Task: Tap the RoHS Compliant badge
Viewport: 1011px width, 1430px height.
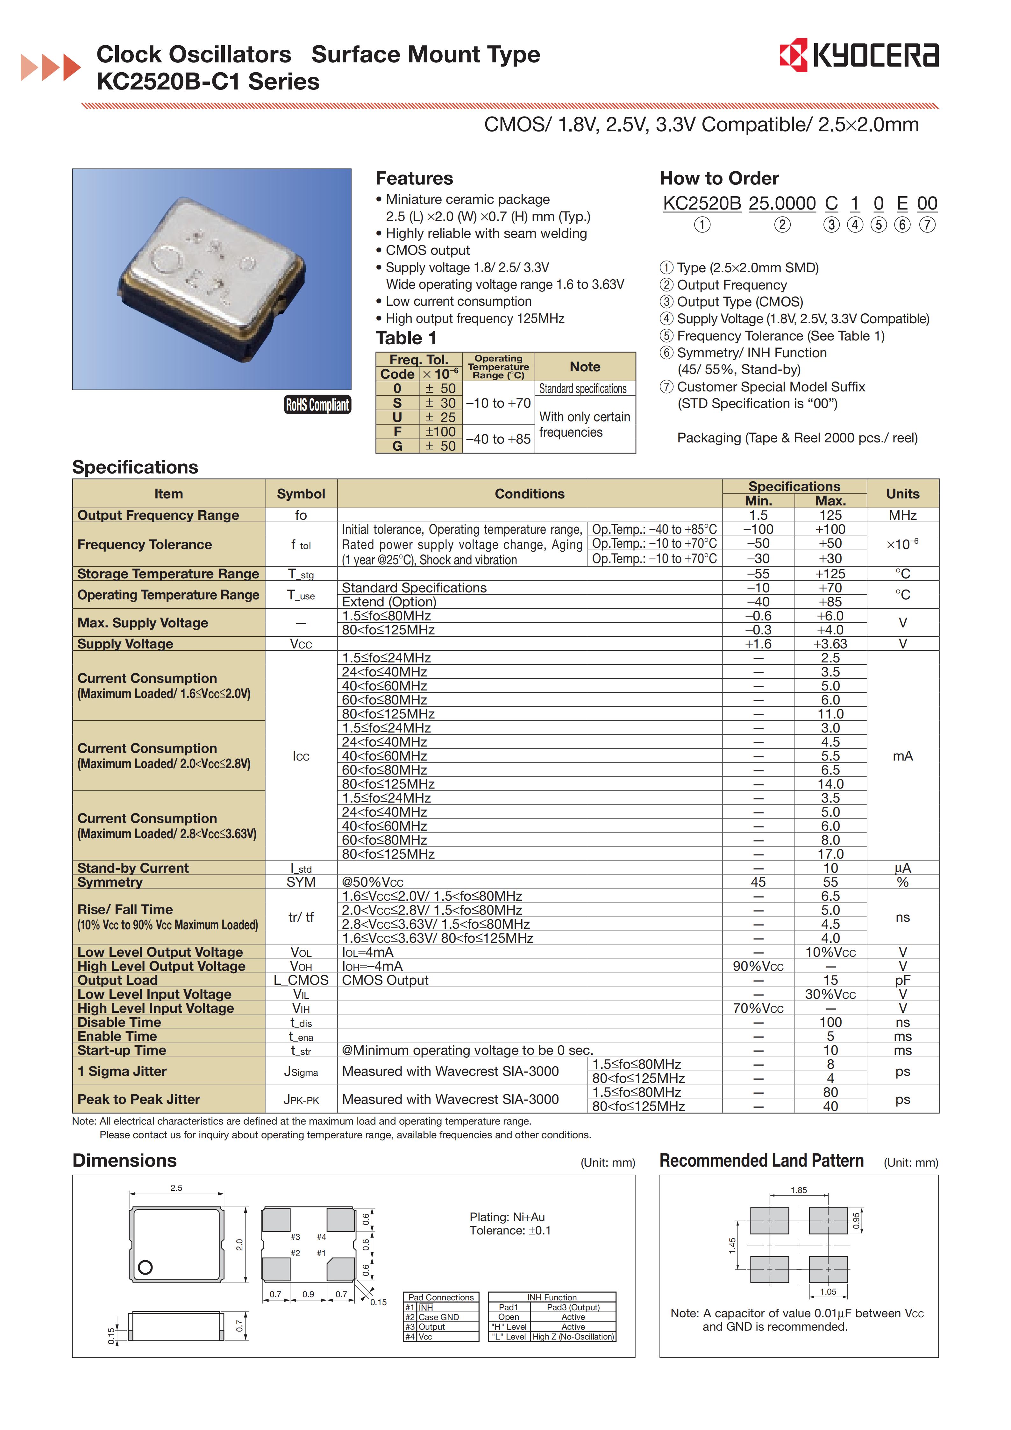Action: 317,405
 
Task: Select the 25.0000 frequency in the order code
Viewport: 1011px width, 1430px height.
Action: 782,204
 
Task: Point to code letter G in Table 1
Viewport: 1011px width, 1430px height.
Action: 397,446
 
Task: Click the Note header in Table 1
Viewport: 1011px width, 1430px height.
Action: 585,367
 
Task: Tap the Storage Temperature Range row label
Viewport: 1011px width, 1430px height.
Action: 168,574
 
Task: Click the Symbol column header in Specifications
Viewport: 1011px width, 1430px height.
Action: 301,494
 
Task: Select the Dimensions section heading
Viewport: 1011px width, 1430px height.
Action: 125,1160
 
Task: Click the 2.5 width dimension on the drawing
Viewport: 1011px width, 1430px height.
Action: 176,1188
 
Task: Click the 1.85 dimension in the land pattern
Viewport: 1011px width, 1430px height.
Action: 799,1190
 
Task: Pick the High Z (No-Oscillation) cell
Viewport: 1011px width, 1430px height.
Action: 573,1337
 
